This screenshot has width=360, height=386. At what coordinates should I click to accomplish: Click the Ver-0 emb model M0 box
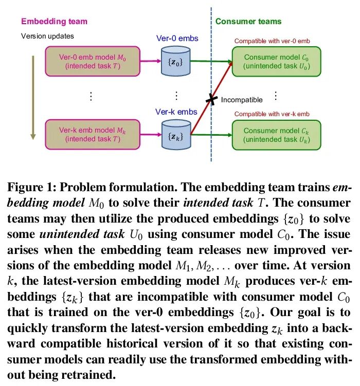(x=93, y=61)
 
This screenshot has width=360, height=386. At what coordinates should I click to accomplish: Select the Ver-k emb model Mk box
(x=93, y=134)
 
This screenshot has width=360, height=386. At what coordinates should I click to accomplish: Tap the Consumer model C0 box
(x=276, y=61)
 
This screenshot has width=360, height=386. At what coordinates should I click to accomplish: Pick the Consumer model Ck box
(x=276, y=135)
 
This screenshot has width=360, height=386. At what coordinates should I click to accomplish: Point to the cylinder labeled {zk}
(x=176, y=135)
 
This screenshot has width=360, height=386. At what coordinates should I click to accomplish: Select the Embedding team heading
(x=54, y=22)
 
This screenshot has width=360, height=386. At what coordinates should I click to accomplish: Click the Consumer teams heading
(x=248, y=22)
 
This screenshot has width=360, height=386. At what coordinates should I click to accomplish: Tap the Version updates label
(x=47, y=36)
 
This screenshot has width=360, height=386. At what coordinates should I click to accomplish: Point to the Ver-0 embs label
(x=177, y=39)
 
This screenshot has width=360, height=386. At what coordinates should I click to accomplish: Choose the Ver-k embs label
(x=176, y=112)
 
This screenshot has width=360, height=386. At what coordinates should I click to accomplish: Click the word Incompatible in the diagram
(x=242, y=100)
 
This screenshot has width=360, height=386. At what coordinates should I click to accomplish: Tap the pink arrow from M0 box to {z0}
(x=150, y=61)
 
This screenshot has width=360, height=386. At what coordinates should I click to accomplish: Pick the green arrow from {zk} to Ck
(x=211, y=135)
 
